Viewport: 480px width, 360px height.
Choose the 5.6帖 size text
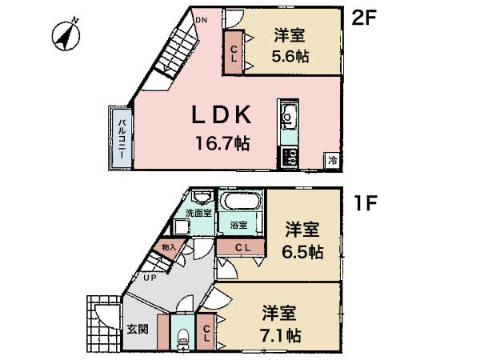coord(290,57)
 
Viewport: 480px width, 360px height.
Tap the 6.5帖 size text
coord(303,252)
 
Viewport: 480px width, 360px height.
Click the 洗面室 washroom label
coord(198,213)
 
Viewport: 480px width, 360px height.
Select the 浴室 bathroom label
coord(238,226)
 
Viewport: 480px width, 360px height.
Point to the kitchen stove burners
coord(289,156)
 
